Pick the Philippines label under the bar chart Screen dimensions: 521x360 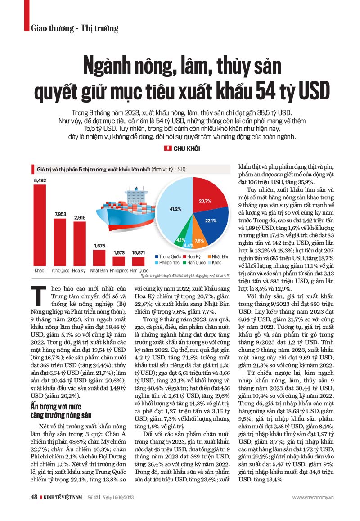[119, 271]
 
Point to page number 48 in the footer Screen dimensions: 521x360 [33, 497]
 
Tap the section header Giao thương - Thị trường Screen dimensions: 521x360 [75, 29]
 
